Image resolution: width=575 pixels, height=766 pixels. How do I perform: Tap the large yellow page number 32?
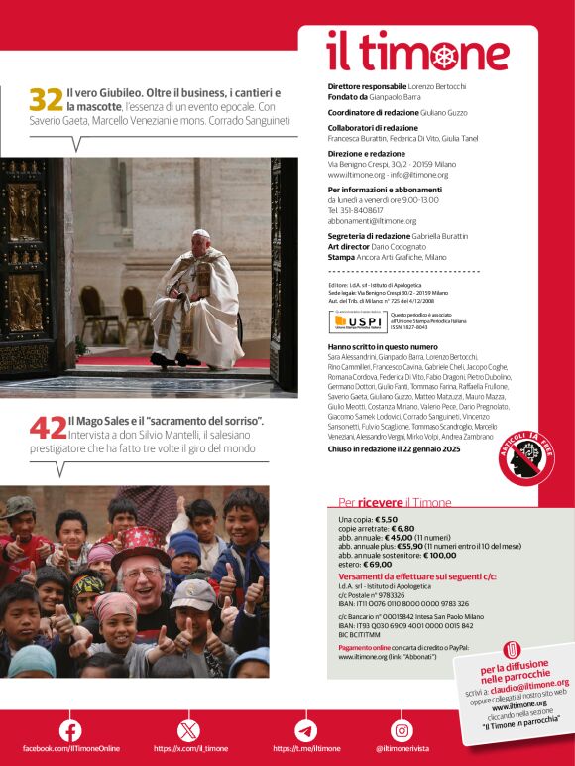46,100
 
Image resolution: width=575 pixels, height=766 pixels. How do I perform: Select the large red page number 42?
47,428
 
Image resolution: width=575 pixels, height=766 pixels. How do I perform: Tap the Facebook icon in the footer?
70,730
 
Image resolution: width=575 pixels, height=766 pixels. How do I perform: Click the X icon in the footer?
187,730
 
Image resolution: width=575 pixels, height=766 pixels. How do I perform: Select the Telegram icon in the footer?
305,730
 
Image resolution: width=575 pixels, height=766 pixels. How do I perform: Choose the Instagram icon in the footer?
402,730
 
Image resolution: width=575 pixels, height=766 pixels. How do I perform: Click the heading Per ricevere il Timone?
394,502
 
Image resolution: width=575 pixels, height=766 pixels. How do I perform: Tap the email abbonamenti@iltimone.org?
372,221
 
